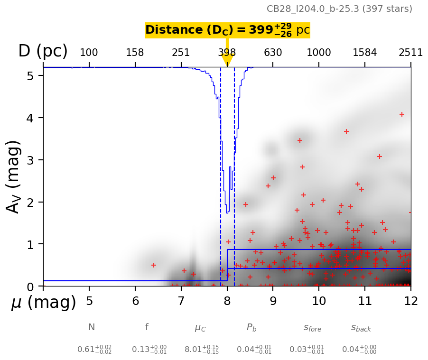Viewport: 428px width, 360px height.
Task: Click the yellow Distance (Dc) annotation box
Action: (x=227, y=30)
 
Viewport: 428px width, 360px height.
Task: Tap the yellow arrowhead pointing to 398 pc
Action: (x=227, y=60)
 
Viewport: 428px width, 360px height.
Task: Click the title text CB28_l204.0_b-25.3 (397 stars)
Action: (x=339, y=9)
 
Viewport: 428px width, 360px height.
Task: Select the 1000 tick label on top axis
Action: (x=319, y=52)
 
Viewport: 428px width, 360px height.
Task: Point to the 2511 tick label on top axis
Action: (x=410, y=52)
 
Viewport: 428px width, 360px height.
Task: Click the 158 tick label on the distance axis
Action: (x=135, y=52)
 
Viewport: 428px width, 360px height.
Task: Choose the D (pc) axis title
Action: (x=43, y=51)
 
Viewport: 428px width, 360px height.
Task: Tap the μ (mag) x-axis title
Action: (x=44, y=302)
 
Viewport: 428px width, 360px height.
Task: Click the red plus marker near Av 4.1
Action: (x=401, y=114)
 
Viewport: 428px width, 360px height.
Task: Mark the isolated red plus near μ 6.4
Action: (x=154, y=265)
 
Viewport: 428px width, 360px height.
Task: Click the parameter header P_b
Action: (x=252, y=327)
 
